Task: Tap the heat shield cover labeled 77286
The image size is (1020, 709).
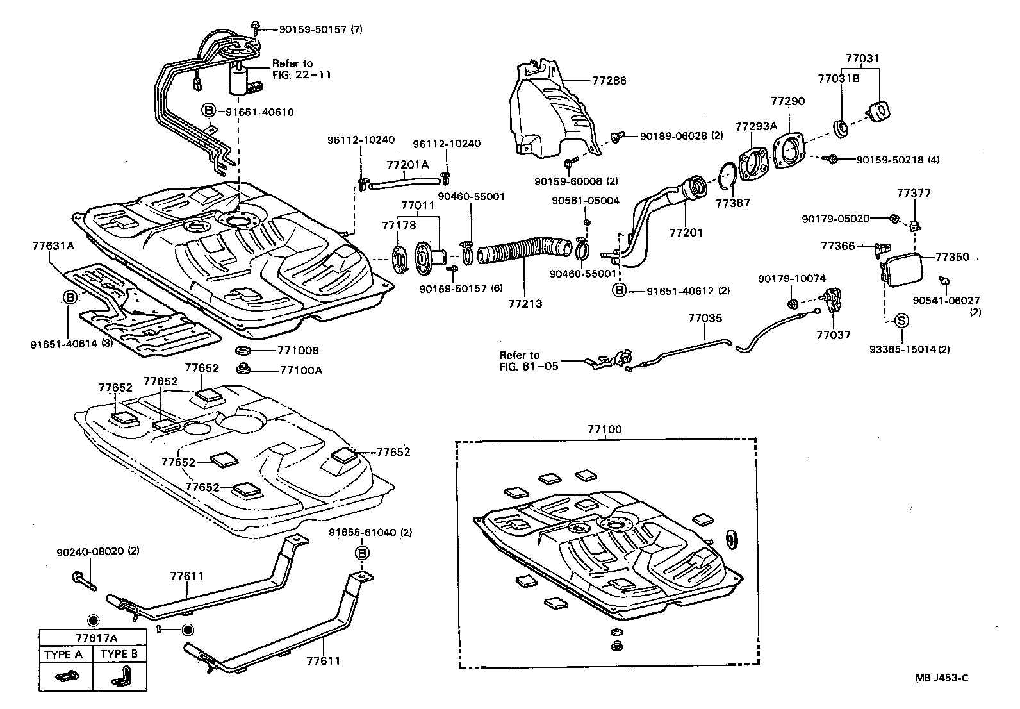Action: click(x=551, y=115)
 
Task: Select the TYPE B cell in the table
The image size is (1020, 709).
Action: click(x=120, y=655)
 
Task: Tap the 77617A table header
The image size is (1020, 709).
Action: click(x=93, y=638)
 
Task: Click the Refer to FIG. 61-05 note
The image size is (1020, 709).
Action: click(x=529, y=360)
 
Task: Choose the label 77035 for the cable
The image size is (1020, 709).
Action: click(x=705, y=318)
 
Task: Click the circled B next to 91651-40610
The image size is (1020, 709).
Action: click(x=209, y=112)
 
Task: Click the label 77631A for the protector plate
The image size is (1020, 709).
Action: click(x=53, y=245)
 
